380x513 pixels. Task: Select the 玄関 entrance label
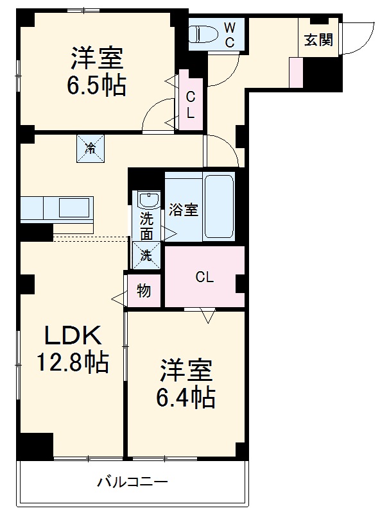click(318, 40)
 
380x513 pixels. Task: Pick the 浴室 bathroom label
click(184, 210)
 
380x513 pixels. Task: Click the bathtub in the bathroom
click(220, 206)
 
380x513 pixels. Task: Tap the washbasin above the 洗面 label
click(148, 199)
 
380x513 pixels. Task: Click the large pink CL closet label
click(204, 278)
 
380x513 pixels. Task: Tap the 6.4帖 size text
click(186, 398)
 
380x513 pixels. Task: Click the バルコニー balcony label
click(133, 482)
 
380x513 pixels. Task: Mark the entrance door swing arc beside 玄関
click(355, 38)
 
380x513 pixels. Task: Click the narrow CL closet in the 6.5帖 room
click(191, 105)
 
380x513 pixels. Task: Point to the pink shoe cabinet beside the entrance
click(295, 72)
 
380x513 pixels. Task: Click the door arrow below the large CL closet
click(207, 315)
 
